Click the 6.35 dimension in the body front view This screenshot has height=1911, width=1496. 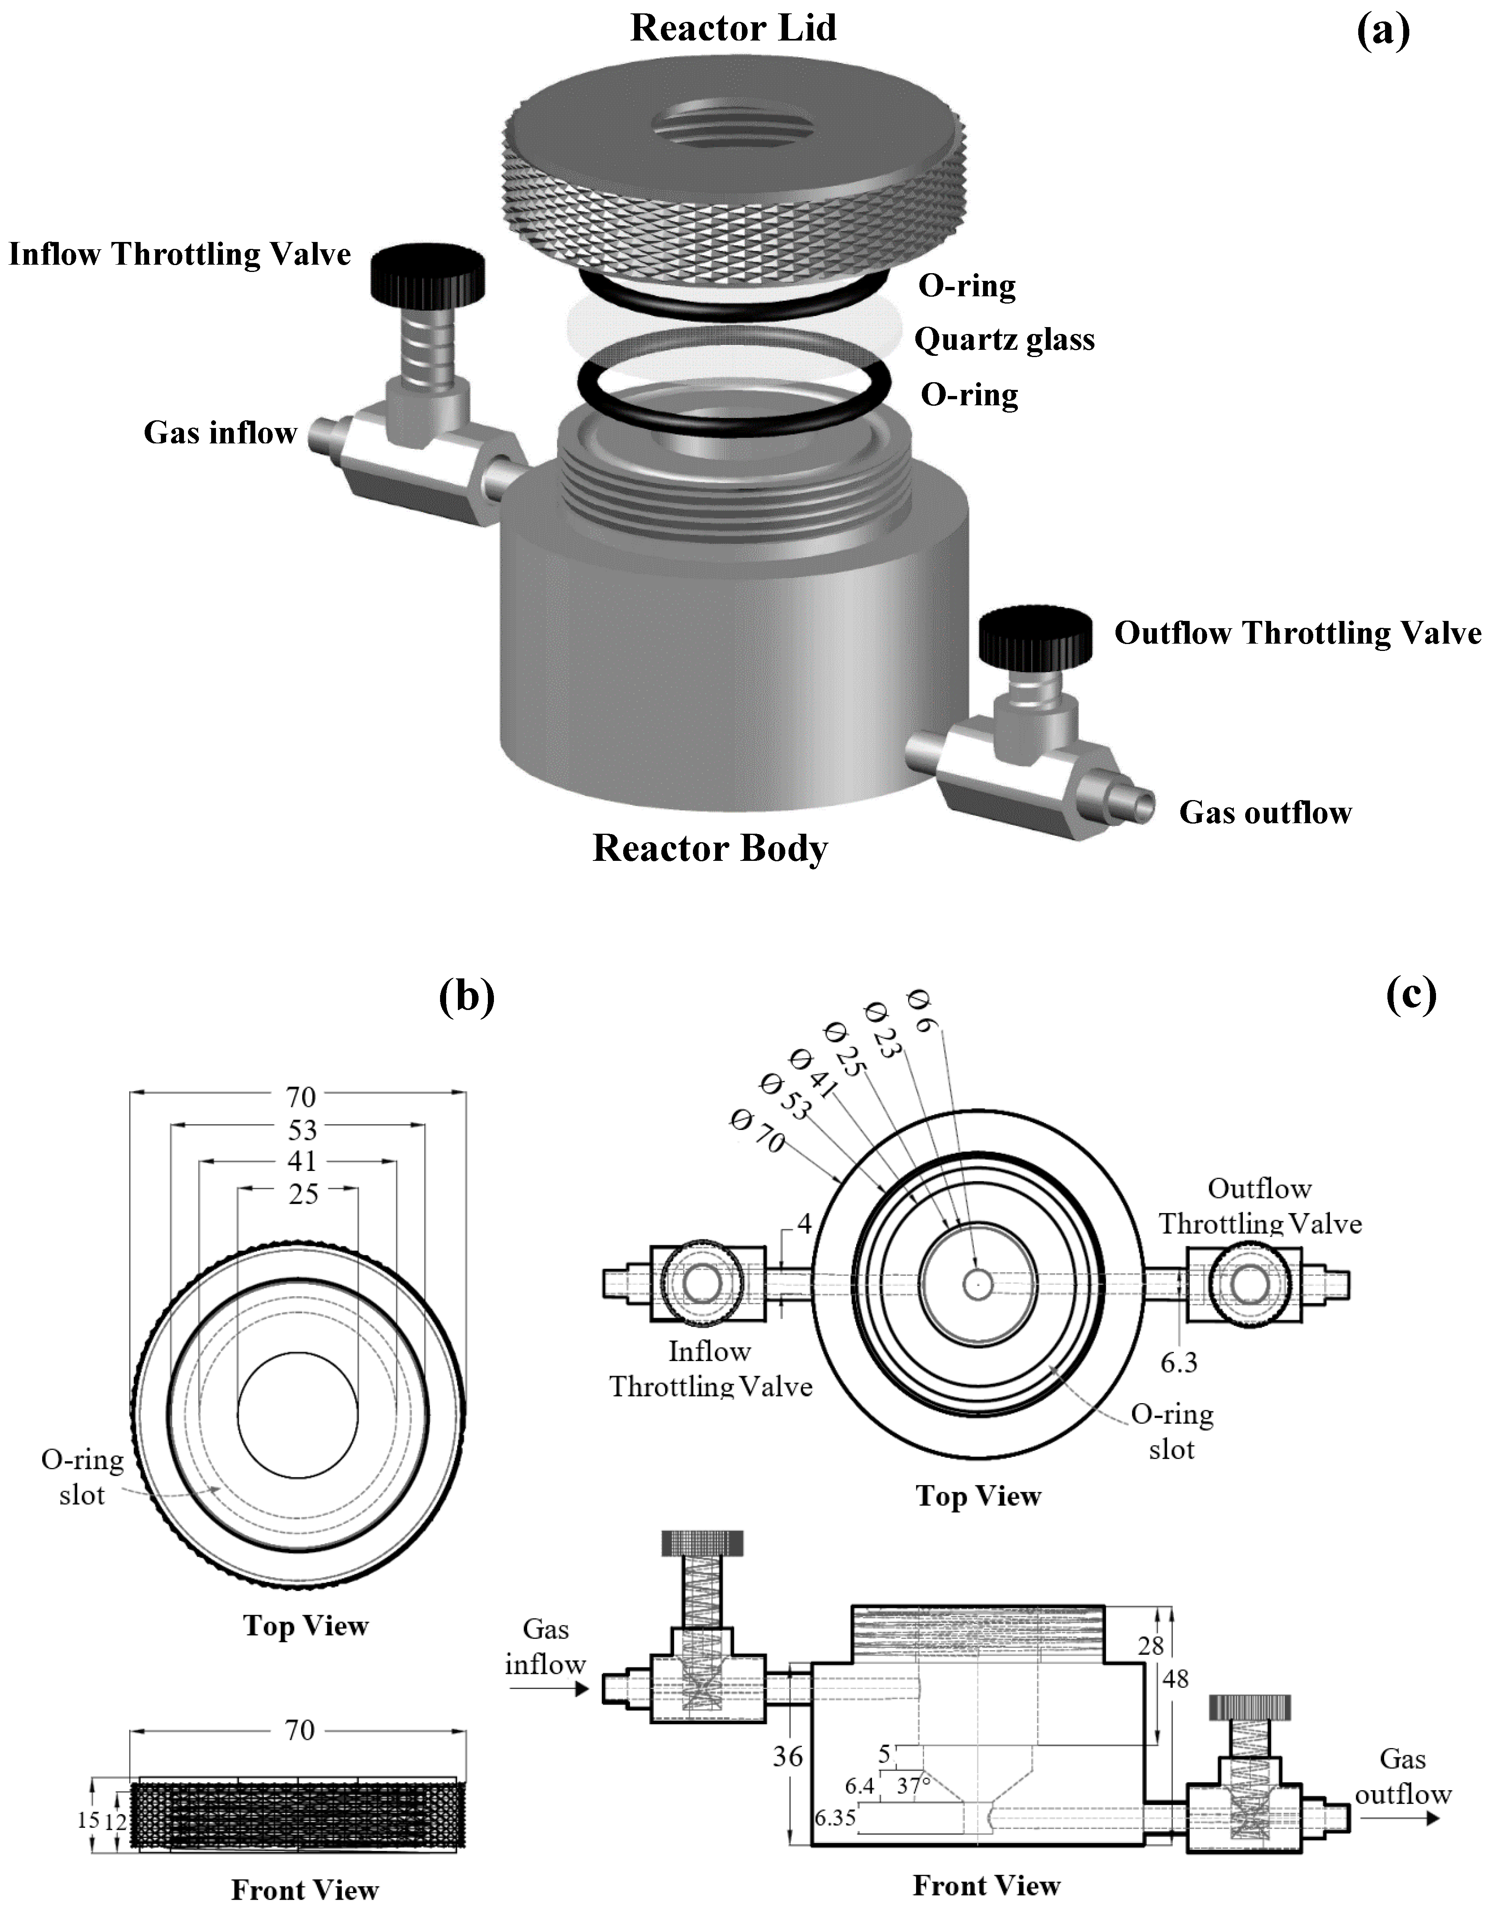point(835,1818)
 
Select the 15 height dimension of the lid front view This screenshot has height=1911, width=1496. point(88,1820)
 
